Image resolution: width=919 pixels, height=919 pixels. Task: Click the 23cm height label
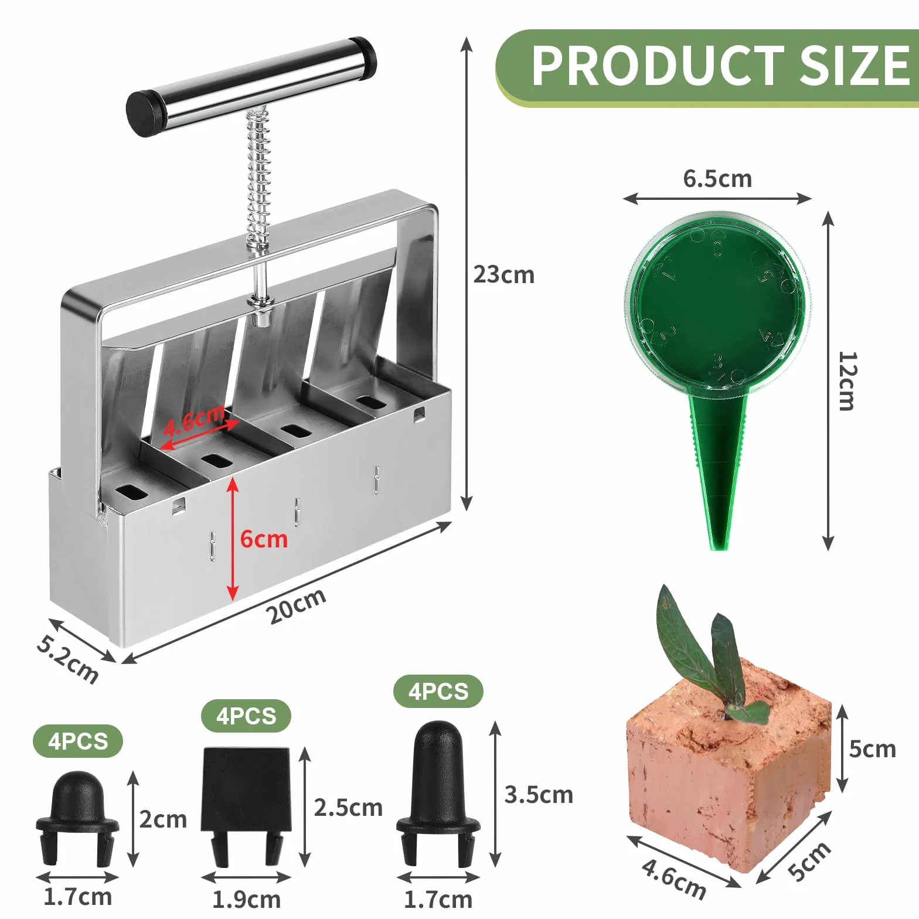coord(504,274)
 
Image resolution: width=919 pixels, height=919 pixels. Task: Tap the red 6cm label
coord(264,539)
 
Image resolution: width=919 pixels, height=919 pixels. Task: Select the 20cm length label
coord(296,606)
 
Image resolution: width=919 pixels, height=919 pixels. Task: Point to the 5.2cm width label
coord(67,659)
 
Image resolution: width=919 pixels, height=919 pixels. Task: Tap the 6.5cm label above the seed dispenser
coord(717,179)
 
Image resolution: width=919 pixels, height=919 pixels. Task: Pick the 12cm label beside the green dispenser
coord(847,381)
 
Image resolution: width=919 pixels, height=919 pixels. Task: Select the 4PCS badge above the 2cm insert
coord(78,741)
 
